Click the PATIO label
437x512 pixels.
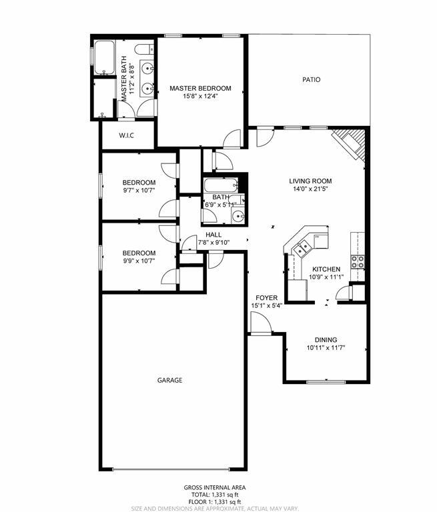(x=311, y=79)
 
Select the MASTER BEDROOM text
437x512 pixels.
(x=200, y=88)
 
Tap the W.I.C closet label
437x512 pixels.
(x=127, y=136)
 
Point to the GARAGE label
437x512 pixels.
(x=169, y=380)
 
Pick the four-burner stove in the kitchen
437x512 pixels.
(x=358, y=261)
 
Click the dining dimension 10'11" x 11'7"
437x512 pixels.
(x=326, y=348)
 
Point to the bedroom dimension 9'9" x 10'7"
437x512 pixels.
(x=139, y=261)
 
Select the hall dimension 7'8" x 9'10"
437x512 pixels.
(x=213, y=243)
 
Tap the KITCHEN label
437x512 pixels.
(x=326, y=269)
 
